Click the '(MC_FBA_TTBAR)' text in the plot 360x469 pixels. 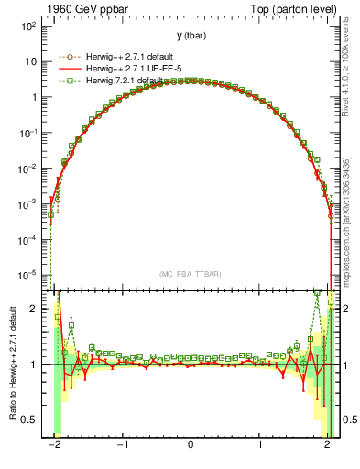pyautogui.click(x=189, y=275)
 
